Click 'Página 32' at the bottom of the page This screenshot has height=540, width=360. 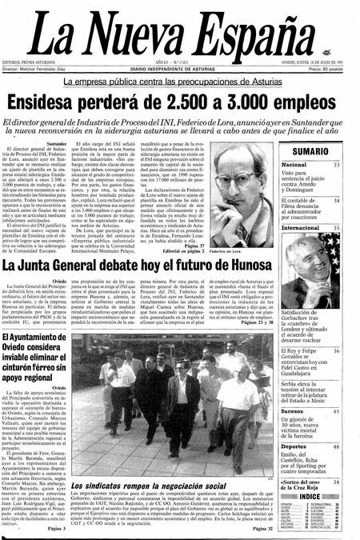(x=257, y=529)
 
